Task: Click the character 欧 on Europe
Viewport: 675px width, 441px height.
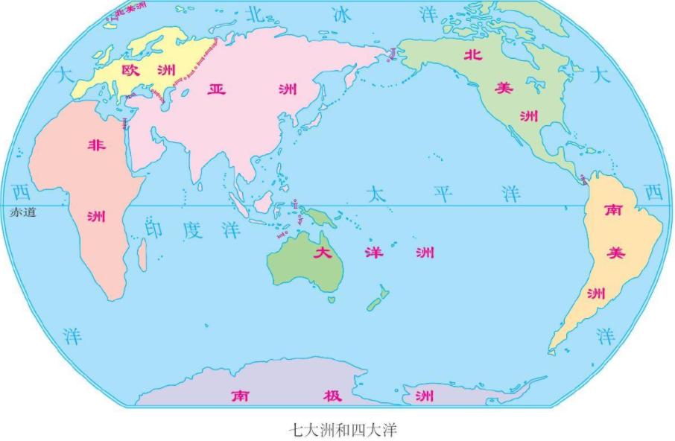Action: (x=131, y=70)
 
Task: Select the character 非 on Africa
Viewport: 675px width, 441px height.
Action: (x=97, y=145)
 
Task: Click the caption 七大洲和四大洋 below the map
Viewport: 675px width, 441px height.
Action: (x=337, y=429)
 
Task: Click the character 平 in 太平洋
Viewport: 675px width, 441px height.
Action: (x=443, y=194)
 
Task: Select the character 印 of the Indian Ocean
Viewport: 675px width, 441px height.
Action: (x=153, y=229)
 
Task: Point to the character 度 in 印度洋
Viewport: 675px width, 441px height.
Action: (x=192, y=229)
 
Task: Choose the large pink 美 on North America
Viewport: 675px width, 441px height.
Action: (x=504, y=88)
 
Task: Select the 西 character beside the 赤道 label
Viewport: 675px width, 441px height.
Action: (x=21, y=192)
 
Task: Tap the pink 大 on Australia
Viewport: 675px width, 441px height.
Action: (x=323, y=252)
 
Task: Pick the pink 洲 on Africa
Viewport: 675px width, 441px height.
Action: (x=96, y=217)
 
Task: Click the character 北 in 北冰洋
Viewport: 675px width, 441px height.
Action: (x=255, y=14)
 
